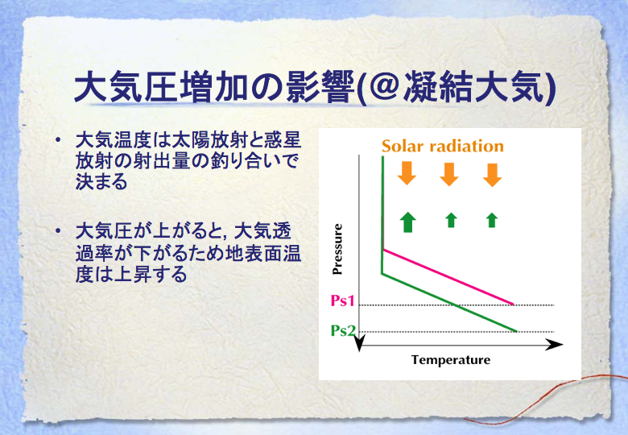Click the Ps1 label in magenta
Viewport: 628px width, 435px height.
coord(342,300)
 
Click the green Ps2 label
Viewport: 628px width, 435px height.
coord(343,330)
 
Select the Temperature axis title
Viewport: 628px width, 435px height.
coord(451,360)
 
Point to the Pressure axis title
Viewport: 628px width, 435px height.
coord(337,249)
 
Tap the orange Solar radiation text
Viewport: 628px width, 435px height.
coord(443,146)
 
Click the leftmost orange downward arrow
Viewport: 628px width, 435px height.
coord(407,173)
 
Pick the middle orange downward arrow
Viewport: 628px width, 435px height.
coord(449,174)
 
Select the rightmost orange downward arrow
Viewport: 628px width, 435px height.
coord(492,175)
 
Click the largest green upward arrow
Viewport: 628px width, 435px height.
coord(407,222)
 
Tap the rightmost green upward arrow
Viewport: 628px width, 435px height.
coord(492,220)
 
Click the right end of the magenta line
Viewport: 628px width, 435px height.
coord(513,304)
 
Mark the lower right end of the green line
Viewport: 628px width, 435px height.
coord(516,331)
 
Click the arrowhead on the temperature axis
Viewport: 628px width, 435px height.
coord(555,345)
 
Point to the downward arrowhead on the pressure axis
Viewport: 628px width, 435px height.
coord(360,344)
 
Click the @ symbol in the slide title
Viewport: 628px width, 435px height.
coord(383,86)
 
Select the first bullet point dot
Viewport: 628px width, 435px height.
coord(59,140)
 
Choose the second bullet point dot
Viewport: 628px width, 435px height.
coord(59,231)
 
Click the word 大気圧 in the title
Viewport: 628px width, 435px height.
coord(126,86)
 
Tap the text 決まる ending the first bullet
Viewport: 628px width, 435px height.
coord(101,182)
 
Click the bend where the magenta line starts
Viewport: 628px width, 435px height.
coord(384,250)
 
